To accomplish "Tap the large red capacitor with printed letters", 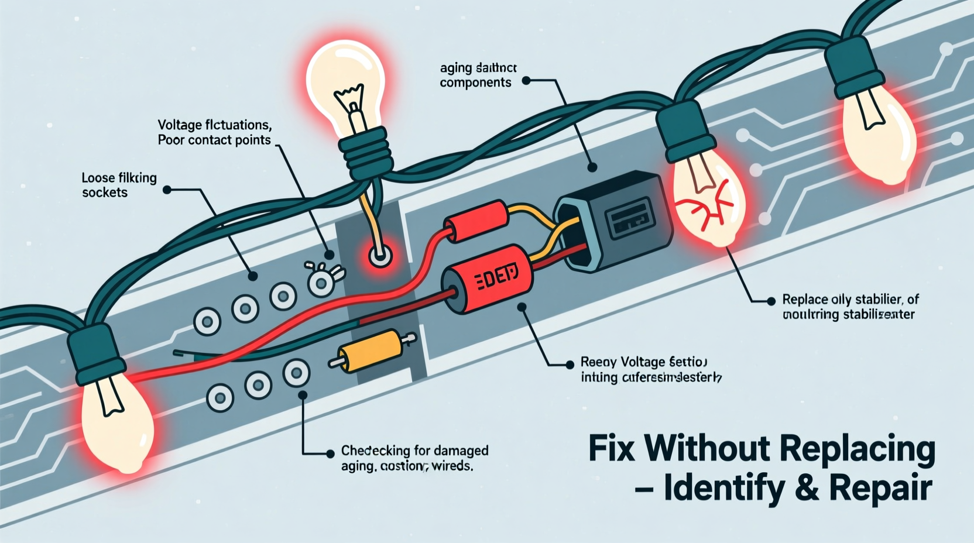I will pyautogui.click(x=487, y=280).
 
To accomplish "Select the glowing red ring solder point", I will pyautogui.click(x=380, y=256).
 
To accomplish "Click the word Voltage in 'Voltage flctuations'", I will pyautogui.click(x=180, y=125).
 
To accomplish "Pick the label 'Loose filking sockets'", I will pyautogui.click(x=119, y=185).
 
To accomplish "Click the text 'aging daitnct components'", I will pyautogui.click(x=478, y=75).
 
